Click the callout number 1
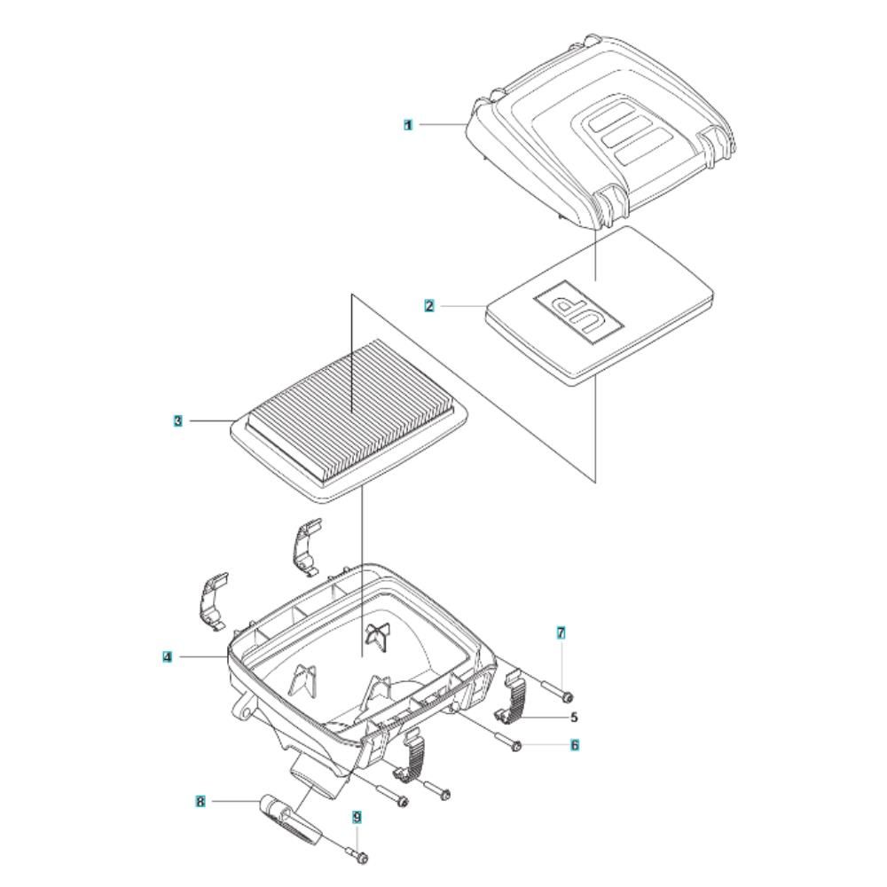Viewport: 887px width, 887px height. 408,124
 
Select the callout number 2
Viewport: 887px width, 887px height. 429,306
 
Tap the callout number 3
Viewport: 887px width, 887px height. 178,420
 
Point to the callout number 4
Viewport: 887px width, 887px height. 167,656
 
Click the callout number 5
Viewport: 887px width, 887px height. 574,718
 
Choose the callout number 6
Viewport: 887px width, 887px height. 575,745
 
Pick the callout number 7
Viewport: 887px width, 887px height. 561,633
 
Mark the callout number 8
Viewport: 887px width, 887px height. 200,801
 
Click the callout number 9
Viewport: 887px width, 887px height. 357,817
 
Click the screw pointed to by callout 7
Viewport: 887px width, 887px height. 557,691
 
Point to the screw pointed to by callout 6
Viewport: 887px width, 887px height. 508,742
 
